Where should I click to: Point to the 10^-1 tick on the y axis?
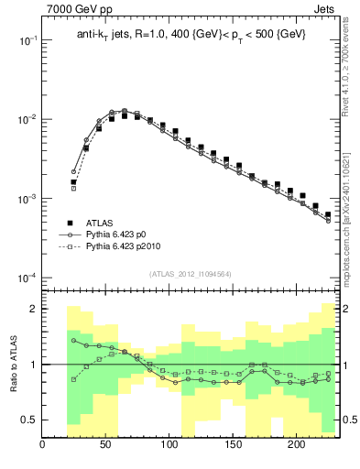[27, 41]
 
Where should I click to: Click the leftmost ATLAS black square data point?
[73, 182]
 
